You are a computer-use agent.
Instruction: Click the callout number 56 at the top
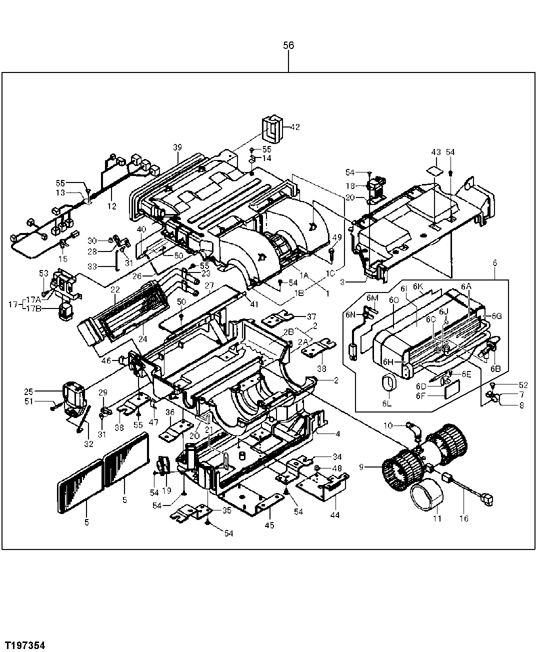(288, 45)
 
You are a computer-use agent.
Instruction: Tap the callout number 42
(295, 127)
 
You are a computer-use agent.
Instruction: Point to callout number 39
(177, 147)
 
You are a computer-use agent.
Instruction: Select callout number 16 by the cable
(463, 518)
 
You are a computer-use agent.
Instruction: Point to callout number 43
(436, 152)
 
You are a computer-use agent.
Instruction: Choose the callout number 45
(269, 525)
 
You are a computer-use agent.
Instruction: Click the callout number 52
(523, 385)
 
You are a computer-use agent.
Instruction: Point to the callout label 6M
(372, 298)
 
